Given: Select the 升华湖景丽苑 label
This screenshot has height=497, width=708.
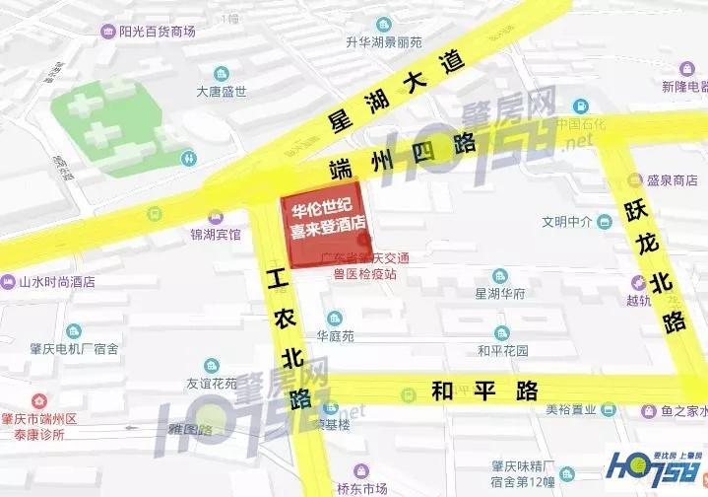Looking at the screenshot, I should (383, 42).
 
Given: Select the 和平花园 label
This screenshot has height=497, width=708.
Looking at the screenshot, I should (502, 349).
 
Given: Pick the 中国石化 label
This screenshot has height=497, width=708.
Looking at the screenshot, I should (581, 124).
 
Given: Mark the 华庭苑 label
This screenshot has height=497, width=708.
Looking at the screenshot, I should (335, 334).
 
